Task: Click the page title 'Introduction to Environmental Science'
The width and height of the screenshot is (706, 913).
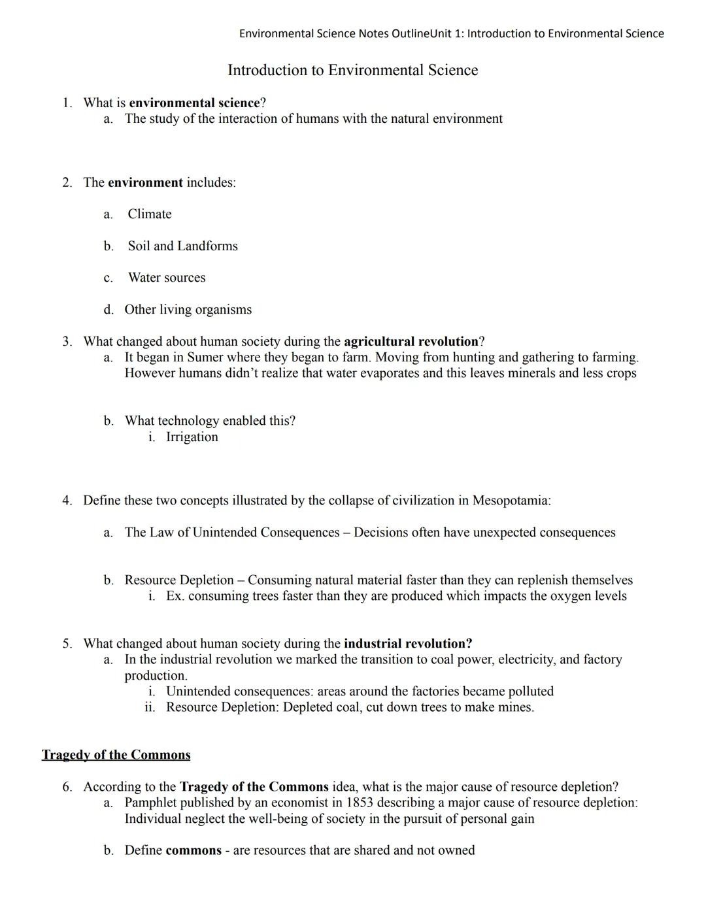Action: click(x=352, y=70)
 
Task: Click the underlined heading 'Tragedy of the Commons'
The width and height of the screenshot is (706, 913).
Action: click(x=116, y=755)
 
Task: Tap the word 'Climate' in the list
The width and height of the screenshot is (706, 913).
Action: click(x=150, y=214)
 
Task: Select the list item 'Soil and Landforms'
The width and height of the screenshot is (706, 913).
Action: click(x=182, y=246)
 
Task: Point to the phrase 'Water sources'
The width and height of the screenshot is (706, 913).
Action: click(x=167, y=278)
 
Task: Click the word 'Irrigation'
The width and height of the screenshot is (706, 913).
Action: click(x=192, y=437)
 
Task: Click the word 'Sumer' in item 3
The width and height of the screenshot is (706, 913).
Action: click(x=205, y=357)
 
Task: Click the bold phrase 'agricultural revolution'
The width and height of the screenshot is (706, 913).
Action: click(x=411, y=342)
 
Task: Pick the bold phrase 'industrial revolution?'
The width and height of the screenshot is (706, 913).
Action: click(x=407, y=644)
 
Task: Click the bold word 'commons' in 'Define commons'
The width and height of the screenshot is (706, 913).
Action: click(x=193, y=850)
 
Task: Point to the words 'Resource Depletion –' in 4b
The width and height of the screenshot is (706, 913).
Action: click(x=184, y=580)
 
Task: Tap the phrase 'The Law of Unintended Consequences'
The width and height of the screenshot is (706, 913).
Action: click(x=232, y=533)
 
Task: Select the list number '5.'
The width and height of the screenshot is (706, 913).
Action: click(x=67, y=644)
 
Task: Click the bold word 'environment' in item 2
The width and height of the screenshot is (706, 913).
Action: click(x=145, y=183)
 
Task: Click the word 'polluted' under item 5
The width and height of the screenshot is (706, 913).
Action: click(x=530, y=691)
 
